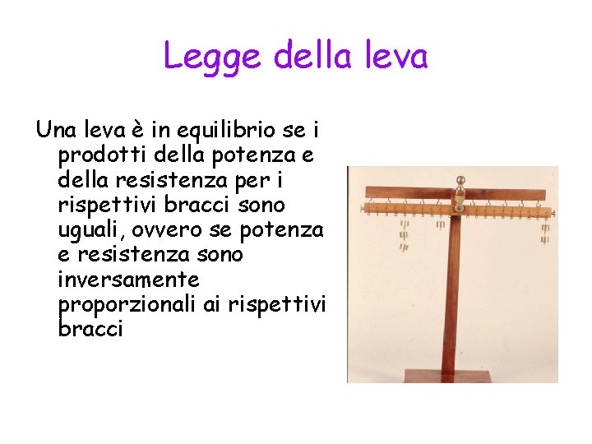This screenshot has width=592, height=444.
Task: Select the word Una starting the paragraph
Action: [x=56, y=130]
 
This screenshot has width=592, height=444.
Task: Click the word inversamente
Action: [x=128, y=280]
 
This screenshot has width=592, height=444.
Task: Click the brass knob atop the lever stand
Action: [x=460, y=181]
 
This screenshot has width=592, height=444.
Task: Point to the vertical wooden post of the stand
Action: [x=454, y=304]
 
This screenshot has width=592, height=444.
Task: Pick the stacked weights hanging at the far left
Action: [x=404, y=234]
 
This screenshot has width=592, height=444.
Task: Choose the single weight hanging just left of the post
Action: [x=440, y=224]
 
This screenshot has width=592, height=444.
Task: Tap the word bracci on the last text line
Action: [x=90, y=330]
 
